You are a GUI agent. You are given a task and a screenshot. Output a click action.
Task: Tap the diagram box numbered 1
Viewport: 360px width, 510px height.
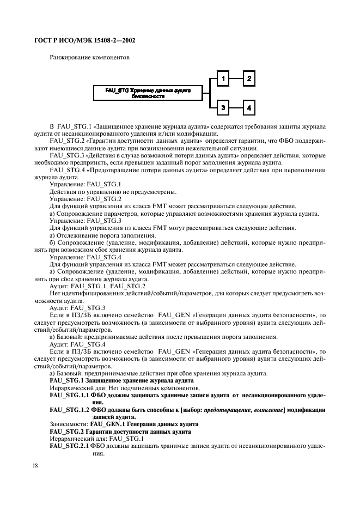click(222, 79)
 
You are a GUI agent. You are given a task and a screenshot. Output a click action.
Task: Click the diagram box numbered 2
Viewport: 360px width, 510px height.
click(248, 79)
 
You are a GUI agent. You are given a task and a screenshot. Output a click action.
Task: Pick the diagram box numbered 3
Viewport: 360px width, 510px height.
click(222, 108)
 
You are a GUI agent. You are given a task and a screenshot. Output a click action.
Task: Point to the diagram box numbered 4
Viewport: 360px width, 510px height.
click(248, 108)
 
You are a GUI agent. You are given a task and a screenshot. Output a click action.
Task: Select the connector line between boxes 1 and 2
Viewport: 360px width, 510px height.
click(235, 79)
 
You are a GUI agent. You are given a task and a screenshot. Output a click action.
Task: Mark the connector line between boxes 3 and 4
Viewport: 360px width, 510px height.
click(235, 108)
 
